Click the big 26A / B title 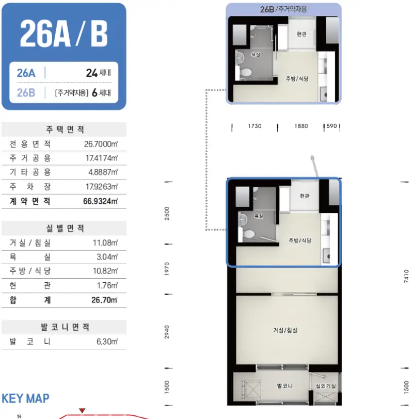pos(63,34)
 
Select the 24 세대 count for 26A pos(99,73)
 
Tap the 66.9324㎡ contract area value pos(100,201)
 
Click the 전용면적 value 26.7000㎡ pos(101,144)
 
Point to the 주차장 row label pos(30,186)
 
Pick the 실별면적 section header pos(65,228)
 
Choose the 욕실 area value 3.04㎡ pos(107,257)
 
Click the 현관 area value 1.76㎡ pos(107,285)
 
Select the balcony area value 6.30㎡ pos(107,342)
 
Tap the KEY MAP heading pos(25,398)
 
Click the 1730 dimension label pos(255,126)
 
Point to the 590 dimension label pos(331,126)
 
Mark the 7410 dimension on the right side pos(406,276)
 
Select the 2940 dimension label pos(167,332)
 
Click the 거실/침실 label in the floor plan pos(285,330)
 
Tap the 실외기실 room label pos(326,386)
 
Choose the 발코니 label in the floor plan pos(284,386)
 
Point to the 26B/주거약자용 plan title pos(283,9)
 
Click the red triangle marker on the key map pos(82,410)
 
